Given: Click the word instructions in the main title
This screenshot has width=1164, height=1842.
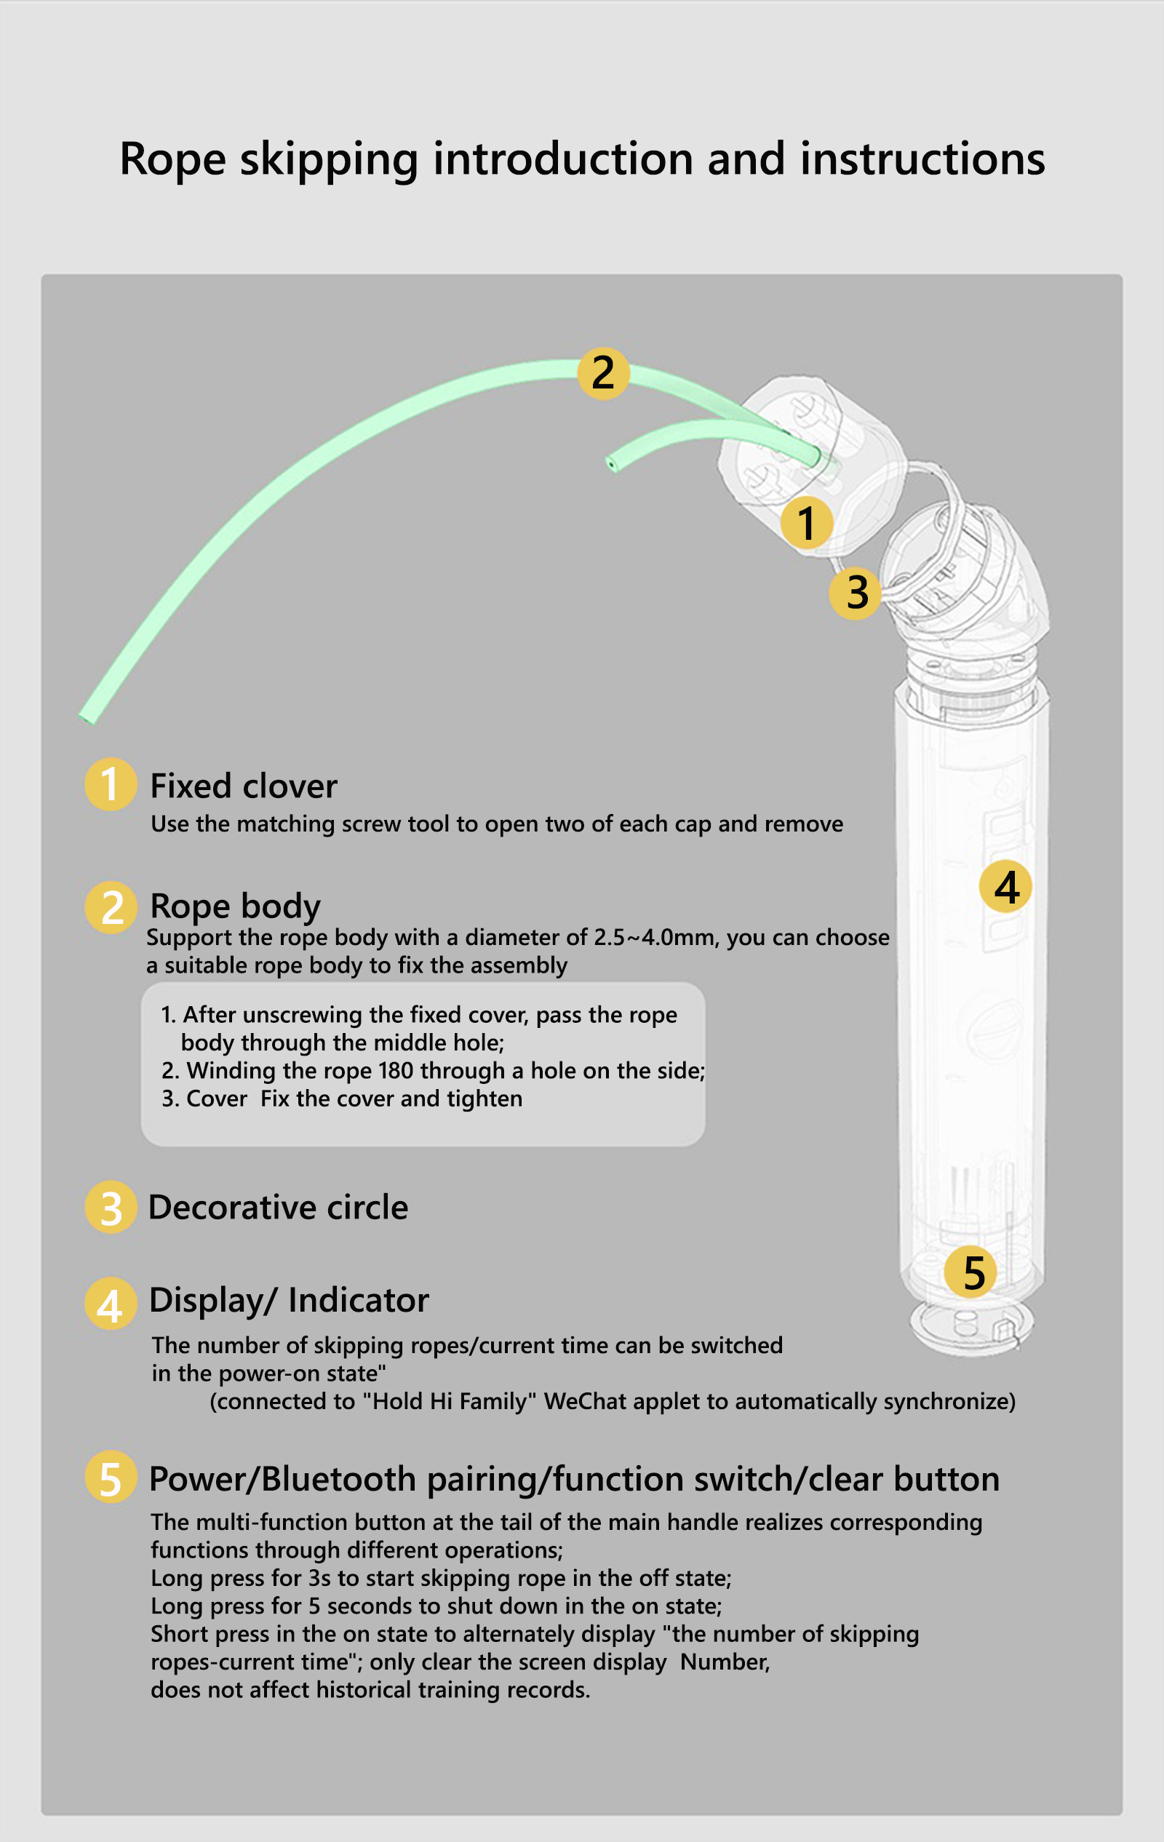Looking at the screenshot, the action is point(922,159).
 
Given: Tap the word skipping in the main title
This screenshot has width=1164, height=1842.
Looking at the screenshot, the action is point(329,161).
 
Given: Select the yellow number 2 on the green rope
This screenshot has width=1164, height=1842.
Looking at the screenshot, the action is point(603,373).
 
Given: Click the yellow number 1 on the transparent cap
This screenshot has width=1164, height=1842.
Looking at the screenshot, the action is point(807,523).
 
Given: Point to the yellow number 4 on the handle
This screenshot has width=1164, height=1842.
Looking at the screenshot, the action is point(1005,887).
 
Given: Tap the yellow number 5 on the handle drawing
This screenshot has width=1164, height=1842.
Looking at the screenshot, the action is point(970,1272).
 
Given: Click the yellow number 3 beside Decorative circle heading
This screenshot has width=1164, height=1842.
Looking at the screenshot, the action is point(111,1207).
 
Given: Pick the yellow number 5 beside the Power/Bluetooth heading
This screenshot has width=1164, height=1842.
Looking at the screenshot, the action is point(111,1476).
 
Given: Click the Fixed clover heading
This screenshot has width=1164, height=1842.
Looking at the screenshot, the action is point(243,786).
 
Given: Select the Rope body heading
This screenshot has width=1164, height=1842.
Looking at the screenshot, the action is point(236,906).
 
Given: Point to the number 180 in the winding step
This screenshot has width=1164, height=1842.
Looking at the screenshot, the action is point(395,1071).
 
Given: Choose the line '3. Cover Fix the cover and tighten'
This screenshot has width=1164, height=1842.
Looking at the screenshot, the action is point(342,1099).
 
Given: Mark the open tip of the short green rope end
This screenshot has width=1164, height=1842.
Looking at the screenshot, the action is point(611,463).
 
